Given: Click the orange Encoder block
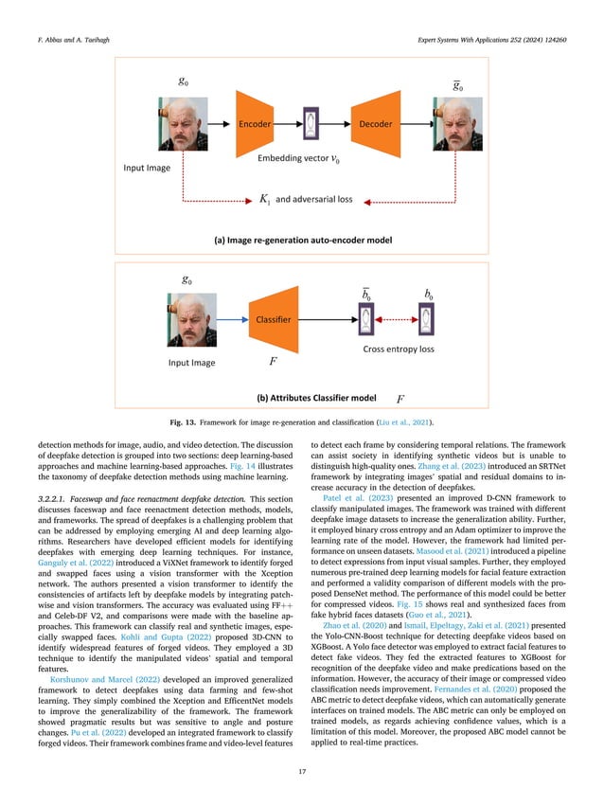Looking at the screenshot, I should coord(256,124).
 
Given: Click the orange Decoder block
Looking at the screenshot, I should coord(375,124).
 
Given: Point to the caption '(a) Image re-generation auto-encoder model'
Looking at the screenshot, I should coord(301,239).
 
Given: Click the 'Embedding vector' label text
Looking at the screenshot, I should coord(292,159).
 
